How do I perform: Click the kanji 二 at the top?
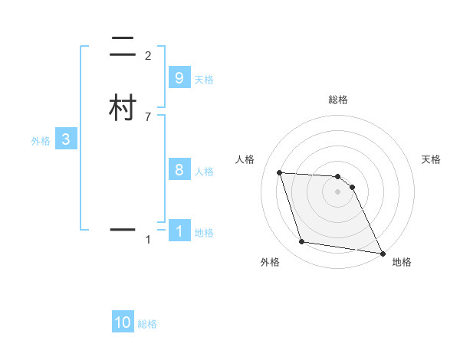[123, 47]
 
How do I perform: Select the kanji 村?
[123, 108]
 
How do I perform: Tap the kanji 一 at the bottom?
[123, 229]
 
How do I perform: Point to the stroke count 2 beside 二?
[148, 56]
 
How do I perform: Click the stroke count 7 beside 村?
[148, 116]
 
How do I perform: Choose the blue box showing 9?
[179, 78]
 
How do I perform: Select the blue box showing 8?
[179, 170]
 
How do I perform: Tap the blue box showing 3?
[66, 139]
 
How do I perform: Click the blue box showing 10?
[123, 322]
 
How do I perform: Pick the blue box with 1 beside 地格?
[179, 231]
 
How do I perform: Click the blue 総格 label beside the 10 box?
[147, 324]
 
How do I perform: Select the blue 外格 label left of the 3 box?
[40, 141]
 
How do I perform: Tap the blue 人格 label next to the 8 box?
[204, 172]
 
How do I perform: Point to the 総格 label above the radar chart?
[338, 100]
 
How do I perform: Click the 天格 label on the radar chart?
[431, 159]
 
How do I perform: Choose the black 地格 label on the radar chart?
[402, 262]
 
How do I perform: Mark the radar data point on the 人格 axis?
[280, 172]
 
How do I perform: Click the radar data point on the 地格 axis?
[382, 252]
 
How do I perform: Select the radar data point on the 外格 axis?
[302, 242]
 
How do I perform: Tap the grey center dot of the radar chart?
[338, 192]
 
